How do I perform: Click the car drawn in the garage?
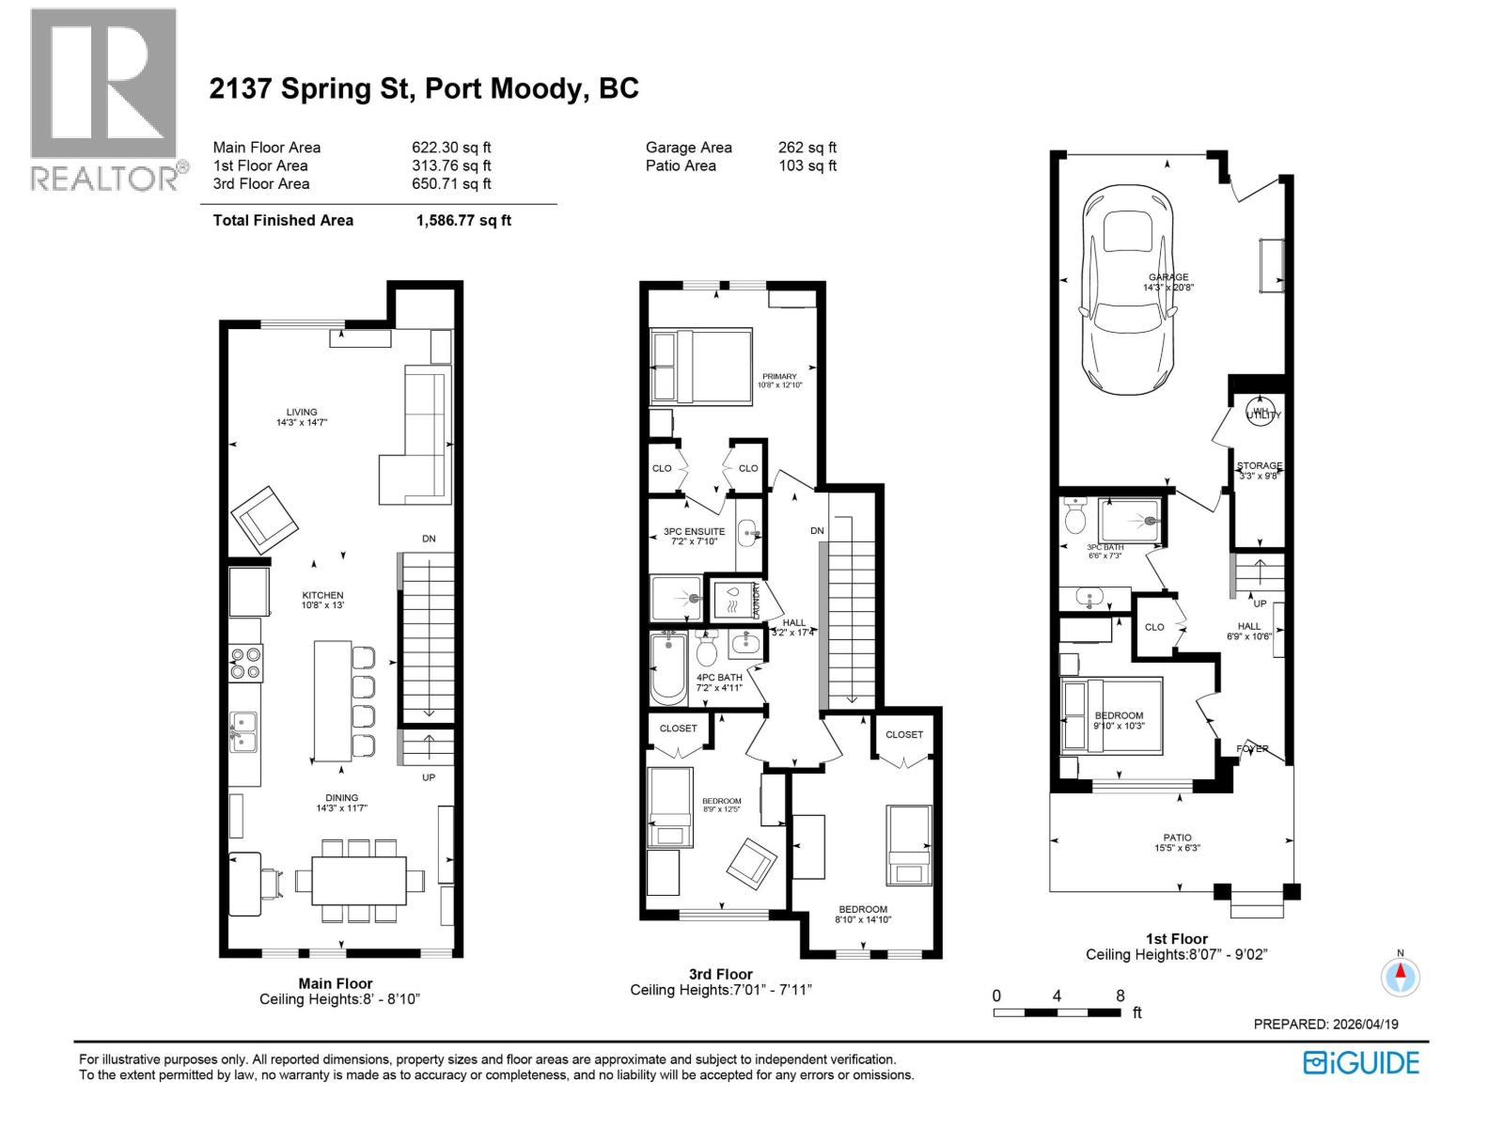coord(1128,291)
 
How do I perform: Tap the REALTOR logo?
coord(103,99)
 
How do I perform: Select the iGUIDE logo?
coord(1361,1063)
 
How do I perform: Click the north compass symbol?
coord(1400,976)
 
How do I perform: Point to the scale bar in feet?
coord(1057,1012)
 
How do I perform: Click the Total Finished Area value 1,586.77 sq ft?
coord(463,220)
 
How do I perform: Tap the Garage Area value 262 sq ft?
coord(807,148)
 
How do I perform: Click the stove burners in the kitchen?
coord(246,663)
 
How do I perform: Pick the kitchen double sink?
coord(243,732)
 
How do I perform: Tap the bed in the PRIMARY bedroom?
coord(701,367)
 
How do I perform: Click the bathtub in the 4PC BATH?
coord(668,669)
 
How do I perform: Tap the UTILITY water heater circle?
coord(1261,412)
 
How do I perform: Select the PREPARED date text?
coord(1325,1025)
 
